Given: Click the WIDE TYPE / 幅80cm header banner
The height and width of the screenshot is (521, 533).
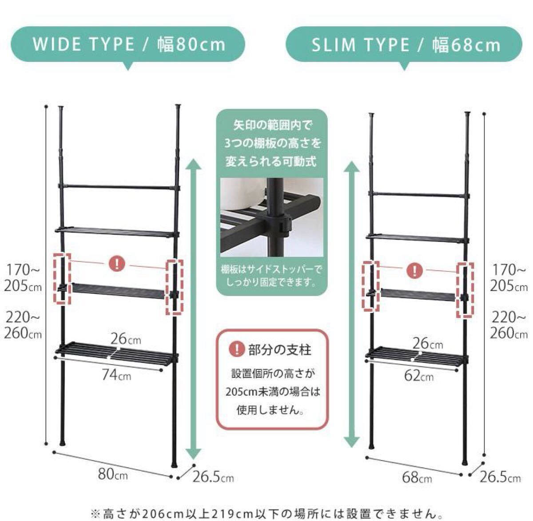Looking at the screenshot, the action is [127, 44].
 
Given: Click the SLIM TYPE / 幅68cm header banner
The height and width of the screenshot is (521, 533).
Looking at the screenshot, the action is [404, 44].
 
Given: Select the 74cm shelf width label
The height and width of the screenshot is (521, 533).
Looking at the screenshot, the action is [117, 374].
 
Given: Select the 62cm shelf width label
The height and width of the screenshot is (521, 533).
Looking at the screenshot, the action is [419, 376].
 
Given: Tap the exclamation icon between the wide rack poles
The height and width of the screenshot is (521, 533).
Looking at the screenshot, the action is [117, 264].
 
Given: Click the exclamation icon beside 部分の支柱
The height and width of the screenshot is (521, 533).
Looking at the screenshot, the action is [237, 349].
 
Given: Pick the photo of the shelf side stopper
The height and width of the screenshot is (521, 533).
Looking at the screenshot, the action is [272, 217].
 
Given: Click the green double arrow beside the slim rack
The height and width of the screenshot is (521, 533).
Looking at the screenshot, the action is [352, 304].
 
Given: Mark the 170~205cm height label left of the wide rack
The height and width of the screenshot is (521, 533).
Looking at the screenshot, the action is [23, 278].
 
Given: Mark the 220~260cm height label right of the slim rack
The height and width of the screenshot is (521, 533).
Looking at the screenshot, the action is [509, 325].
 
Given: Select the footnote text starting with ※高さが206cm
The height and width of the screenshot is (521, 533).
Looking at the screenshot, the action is [266, 513].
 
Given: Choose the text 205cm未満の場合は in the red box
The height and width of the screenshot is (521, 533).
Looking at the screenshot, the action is [273, 392].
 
